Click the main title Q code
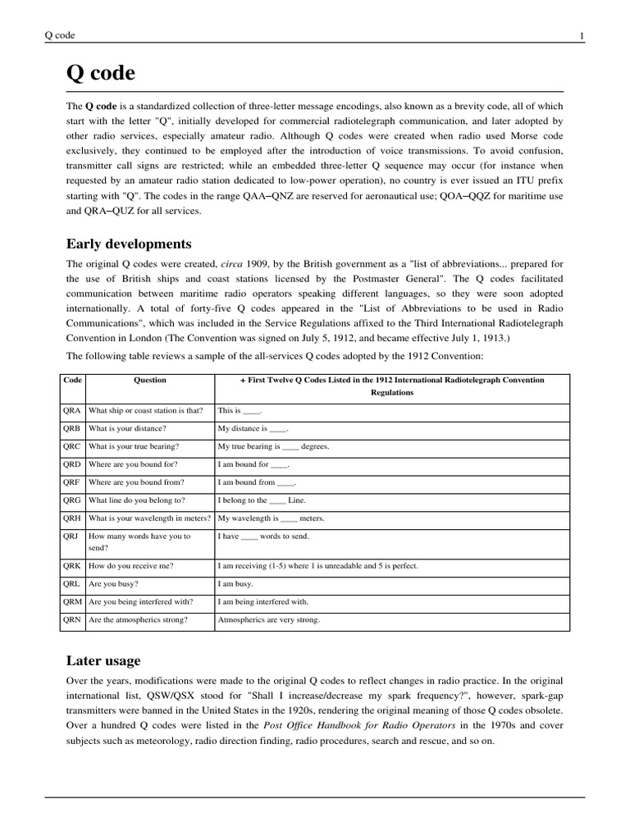[x=100, y=74]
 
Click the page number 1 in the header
[x=582, y=35]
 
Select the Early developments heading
[x=129, y=244]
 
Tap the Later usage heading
[x=103, y=660]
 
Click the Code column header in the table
[x=72, y=380]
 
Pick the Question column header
[x=150, y=380]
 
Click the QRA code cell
[x=72, y=410]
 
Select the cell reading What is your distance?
[x=127, y=428]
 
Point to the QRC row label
[x=72, y=446]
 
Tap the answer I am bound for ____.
[x=253, y=464]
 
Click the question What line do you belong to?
[x=137, y=500]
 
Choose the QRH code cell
[x=72, y=518]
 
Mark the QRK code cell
[x=72, y=566]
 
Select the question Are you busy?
[x=113, y=584]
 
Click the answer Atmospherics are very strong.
[x=268, y=620]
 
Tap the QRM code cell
[x=72, y=602]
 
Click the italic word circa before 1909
[x=235, y=264]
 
